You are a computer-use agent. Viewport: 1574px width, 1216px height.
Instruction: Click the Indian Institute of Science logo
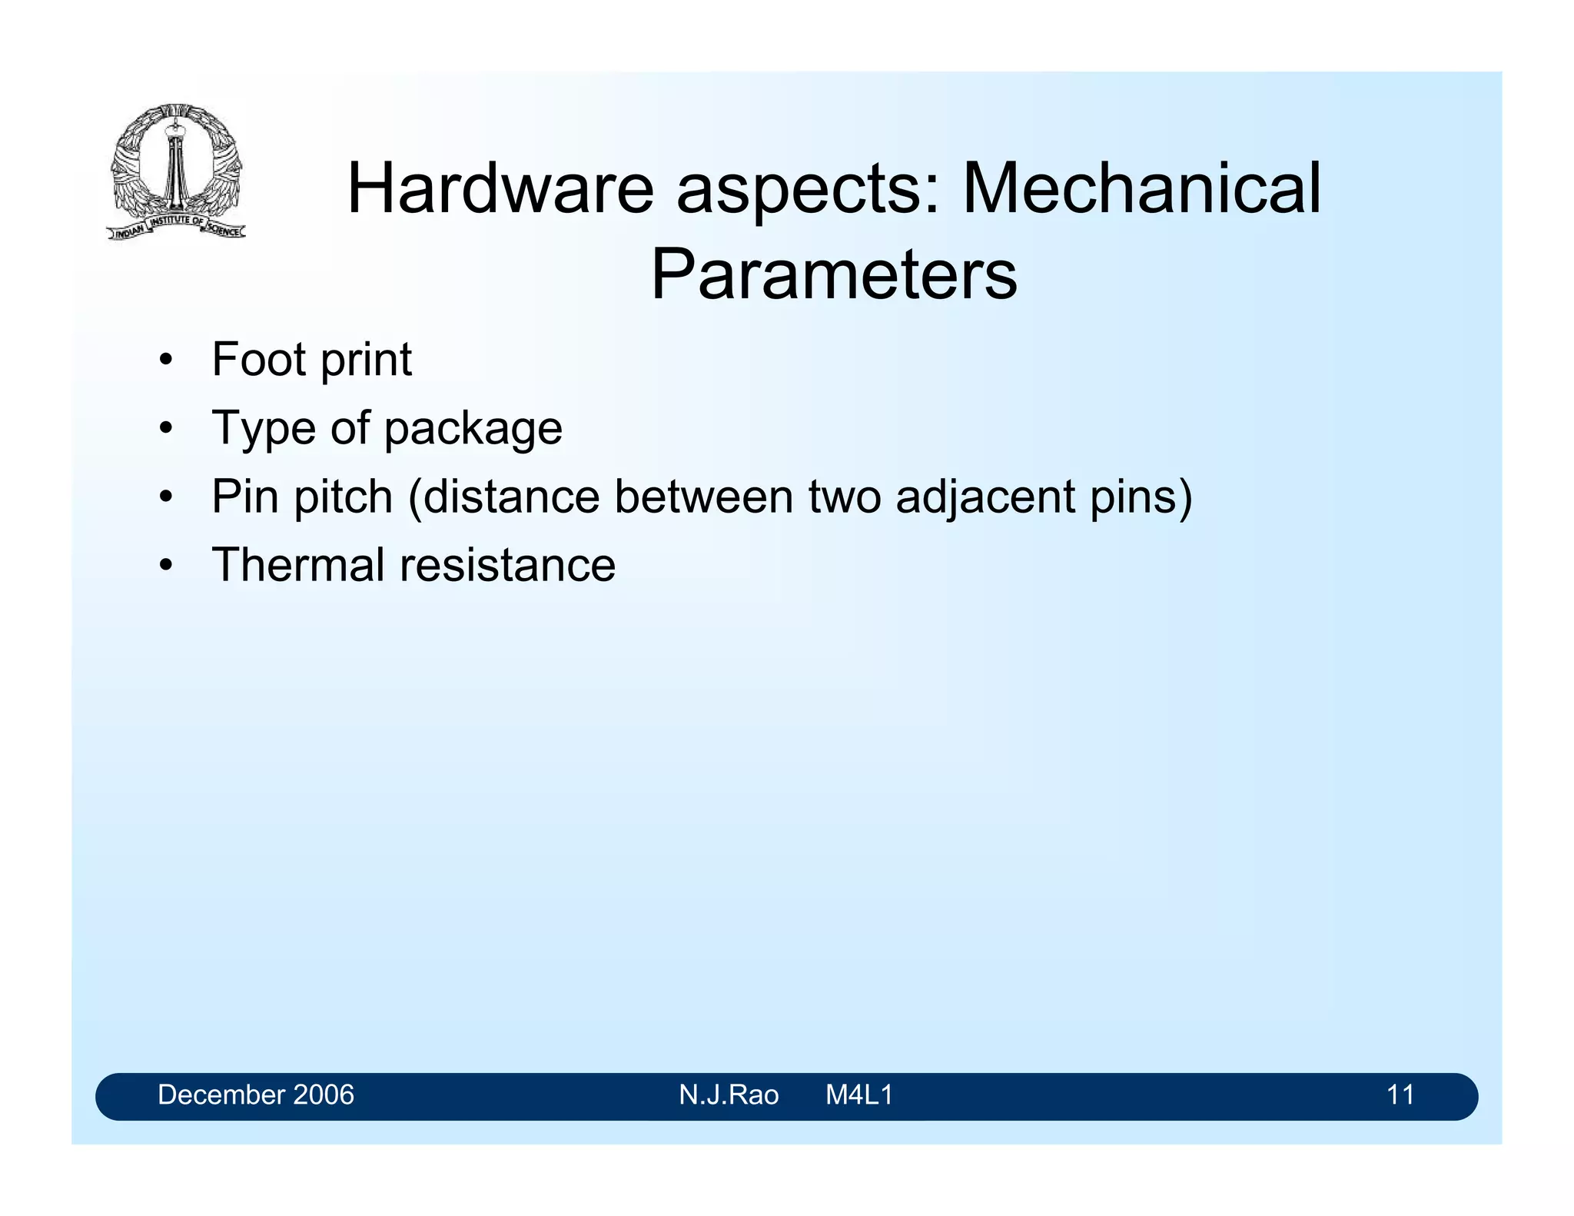(x=176, y=171)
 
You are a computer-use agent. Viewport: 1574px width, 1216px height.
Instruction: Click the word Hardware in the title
(x=500, y=189)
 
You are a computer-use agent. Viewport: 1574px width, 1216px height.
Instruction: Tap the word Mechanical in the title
(x=1141, y=189)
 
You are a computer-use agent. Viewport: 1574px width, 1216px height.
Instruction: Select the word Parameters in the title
(x=834, y=274)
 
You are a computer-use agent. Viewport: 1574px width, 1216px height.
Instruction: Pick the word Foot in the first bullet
(x=257, y=360)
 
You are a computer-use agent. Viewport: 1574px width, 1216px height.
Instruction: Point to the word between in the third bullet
(x=702, y=497)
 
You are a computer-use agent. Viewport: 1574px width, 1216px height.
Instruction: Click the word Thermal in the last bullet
(x=297, y=565)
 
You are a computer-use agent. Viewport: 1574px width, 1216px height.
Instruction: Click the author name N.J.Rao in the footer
(x=729, y=1095)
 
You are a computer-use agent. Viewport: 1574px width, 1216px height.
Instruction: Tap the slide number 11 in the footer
(x=1400, y=1095)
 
